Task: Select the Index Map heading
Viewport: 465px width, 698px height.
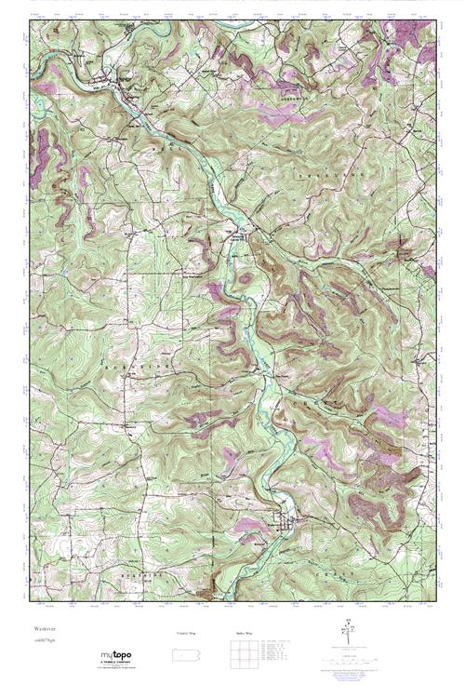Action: point(245,632)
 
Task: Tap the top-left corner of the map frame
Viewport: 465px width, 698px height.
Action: point(31,20)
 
